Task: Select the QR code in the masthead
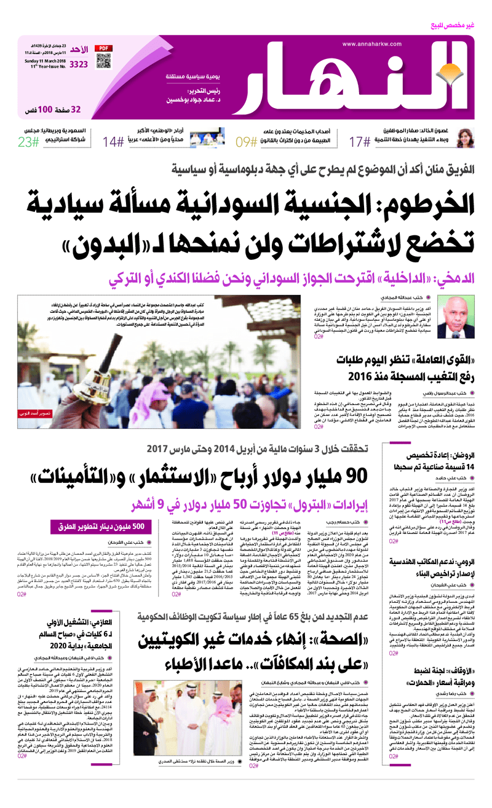click(x=103, y=63)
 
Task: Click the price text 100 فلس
click(x=41, y=109)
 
